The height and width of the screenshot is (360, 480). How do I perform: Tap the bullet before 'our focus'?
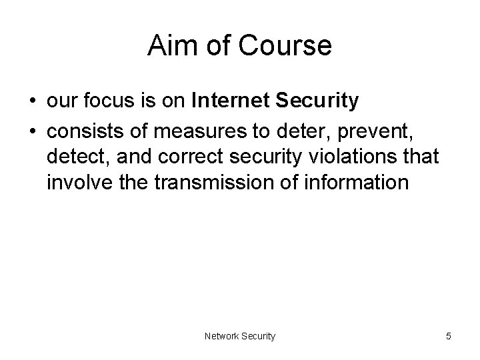[33, 101]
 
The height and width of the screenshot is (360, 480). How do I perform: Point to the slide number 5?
[449, 337]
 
